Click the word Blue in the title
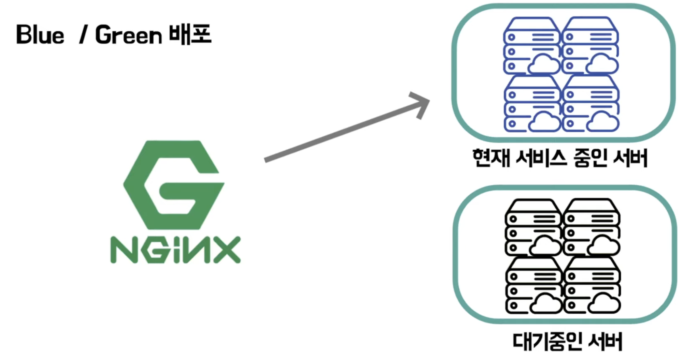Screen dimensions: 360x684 40,35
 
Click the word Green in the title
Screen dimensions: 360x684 128,35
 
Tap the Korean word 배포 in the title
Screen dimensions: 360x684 191,34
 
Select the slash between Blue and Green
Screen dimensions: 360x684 83,35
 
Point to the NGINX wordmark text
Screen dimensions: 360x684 175,250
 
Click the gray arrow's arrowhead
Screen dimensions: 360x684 421,104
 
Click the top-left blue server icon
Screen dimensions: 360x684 531,46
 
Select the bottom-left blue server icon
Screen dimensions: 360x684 532,104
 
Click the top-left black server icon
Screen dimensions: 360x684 533,227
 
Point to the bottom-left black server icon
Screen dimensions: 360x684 533,285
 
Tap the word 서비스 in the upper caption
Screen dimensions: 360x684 541,158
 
